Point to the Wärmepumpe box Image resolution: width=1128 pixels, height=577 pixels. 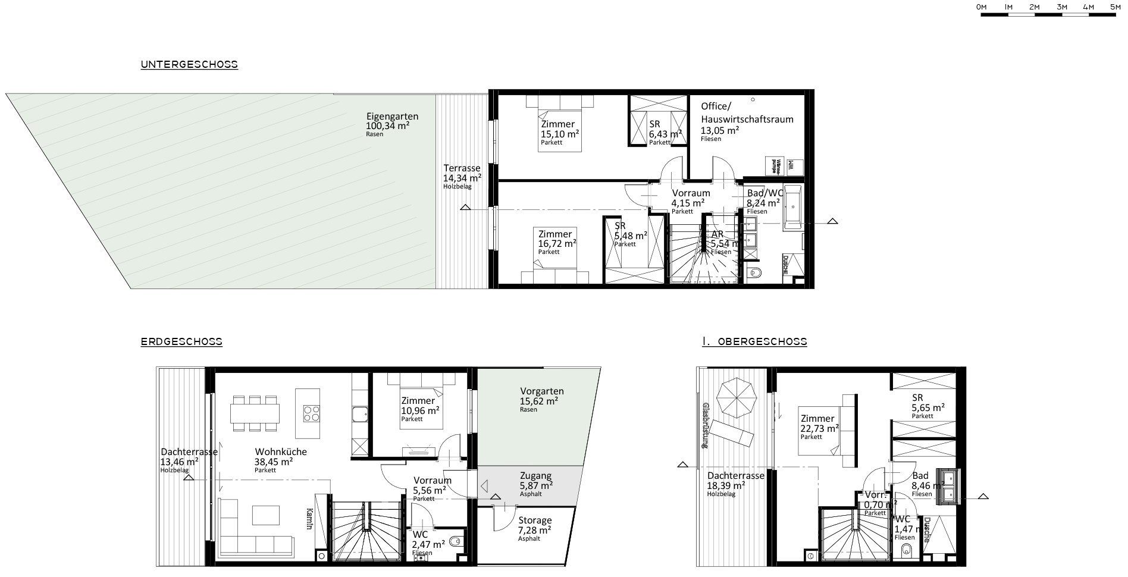click(x=775, y=165)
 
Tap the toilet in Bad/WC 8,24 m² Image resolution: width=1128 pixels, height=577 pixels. click(x=756, y=273)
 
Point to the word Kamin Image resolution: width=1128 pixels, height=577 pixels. click(x=309, y=521)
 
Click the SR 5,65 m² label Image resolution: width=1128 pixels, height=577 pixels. click(x=928, y=407)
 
